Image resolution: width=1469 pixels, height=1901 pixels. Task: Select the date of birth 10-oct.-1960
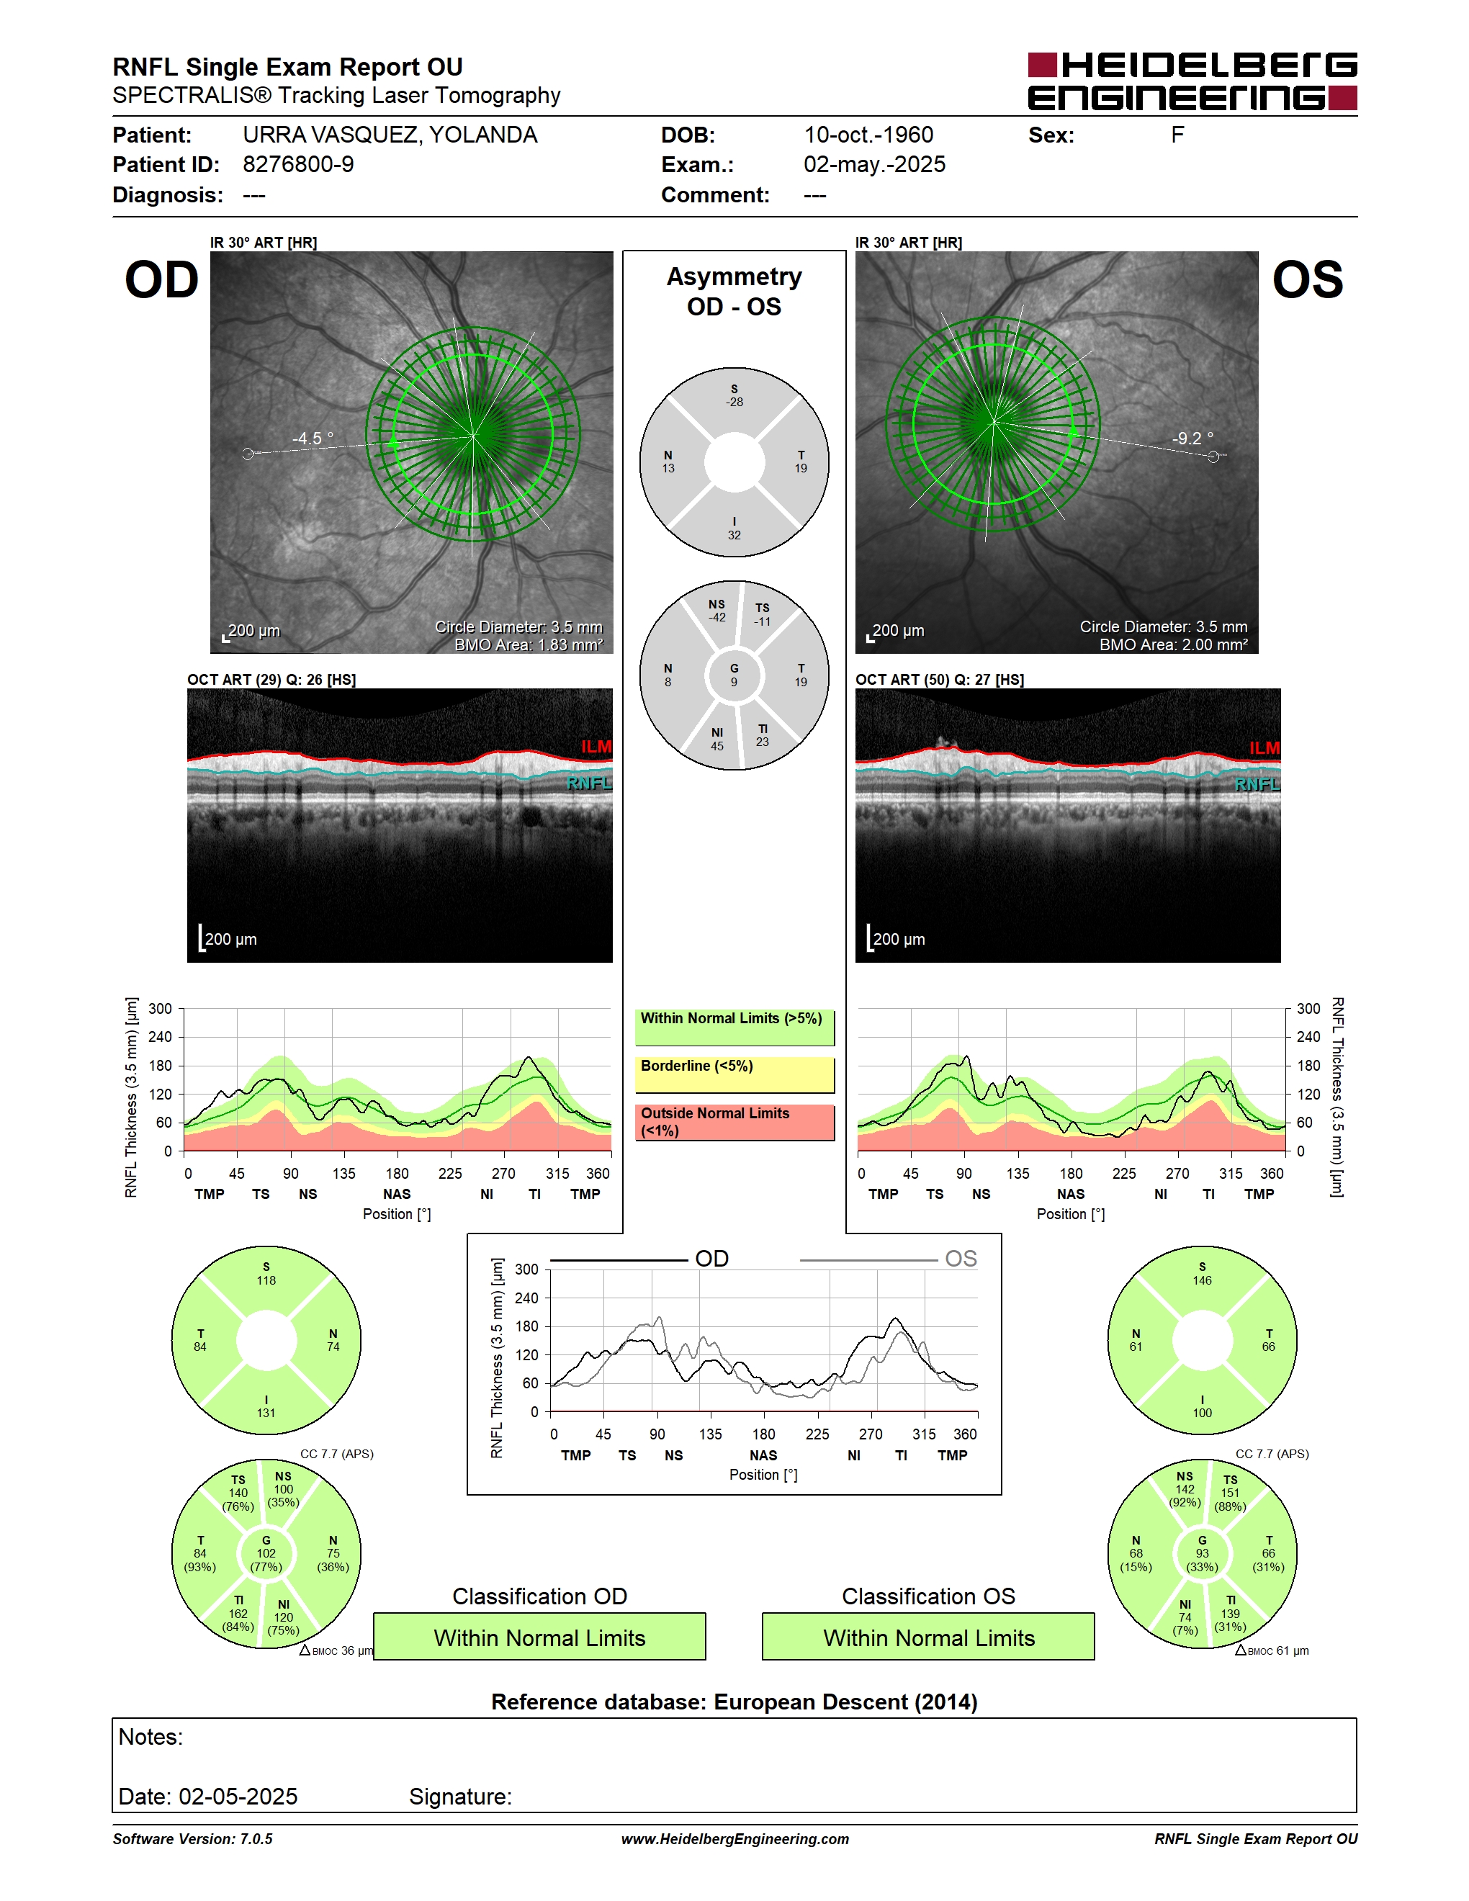click(868, 135)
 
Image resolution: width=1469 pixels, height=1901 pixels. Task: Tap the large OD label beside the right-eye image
click(162, 280)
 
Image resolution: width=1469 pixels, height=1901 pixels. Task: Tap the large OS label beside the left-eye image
click(1308, 280)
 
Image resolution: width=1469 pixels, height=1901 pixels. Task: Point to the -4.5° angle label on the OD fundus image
click(313, 438)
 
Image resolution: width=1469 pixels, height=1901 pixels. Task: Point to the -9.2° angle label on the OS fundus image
click(1192, 438)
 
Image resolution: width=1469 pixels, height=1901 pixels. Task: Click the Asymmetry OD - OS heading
click(734, 292)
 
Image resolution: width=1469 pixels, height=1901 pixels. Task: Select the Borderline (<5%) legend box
click(734, 1075)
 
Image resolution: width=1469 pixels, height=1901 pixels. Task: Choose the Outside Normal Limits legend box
click(734, 1123)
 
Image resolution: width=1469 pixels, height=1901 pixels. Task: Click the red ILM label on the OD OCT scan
click(596, 747)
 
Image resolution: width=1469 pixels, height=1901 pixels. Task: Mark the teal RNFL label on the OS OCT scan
click(1257, 784)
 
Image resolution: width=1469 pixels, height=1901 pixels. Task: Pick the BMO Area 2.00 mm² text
click(1173, 645)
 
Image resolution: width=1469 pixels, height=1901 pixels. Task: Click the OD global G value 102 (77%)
click(266, 1554)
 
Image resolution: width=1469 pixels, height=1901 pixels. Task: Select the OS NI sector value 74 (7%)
click(1185, 1617)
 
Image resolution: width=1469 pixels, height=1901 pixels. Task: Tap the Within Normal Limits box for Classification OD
click(539, 1637)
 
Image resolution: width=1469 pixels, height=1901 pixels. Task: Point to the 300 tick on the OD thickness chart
click(160, 1009)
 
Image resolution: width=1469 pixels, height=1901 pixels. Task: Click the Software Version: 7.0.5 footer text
click(192, 1839)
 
